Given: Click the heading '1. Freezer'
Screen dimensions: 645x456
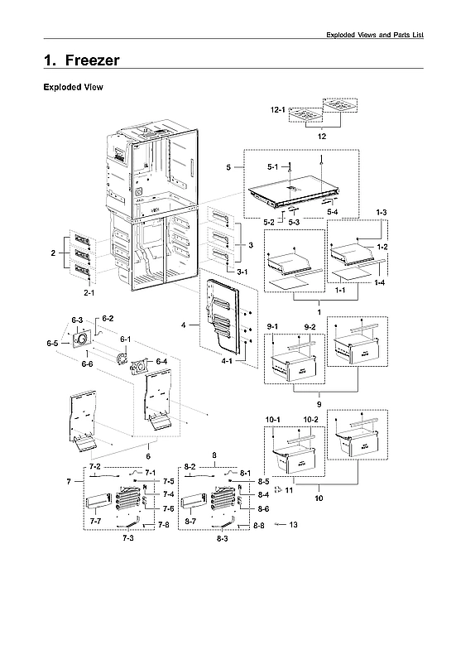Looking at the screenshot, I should pyautogui.click(x=81, y=60).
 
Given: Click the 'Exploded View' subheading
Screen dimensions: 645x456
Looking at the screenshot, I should pyautogui.click(x=73, y=87).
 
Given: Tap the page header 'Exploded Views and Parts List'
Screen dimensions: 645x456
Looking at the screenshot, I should pyautogui.click(x=374, y=34).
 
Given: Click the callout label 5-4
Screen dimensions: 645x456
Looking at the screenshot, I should pyautogui.click(x=332, y=213).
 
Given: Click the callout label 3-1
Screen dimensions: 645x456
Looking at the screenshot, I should pyautogui.click(x=241, y=272).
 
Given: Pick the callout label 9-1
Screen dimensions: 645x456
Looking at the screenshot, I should pyautogui.click(x=274, y=329).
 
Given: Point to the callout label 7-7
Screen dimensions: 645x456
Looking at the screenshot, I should pyautogui.click(x=95, y=522).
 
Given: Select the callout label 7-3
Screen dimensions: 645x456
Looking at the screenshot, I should pyautogui.click(x=129, y=538).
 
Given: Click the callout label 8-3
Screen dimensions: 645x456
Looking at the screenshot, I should pyautogui.click(x=223, y=538).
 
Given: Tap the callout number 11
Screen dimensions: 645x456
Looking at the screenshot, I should pyautogui.click(x=290, y=491).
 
